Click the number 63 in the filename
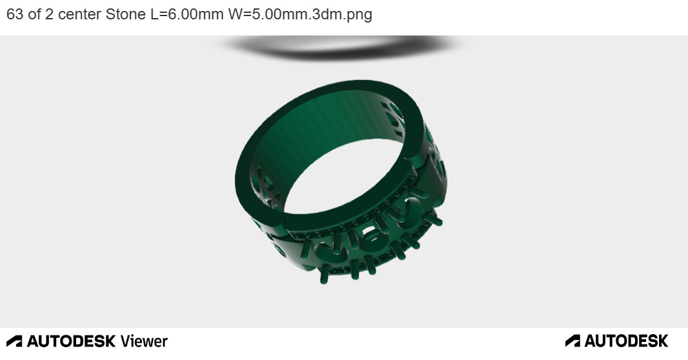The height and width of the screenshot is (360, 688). pyautogui.click(x=15, y=14)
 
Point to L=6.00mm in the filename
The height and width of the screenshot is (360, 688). pyautogui.click(x=187, y=14)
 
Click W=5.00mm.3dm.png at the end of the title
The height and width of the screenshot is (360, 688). pyautogui.click(x=300, y=14)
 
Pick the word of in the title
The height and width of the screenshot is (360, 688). pyautogui.click(x=34, y=14)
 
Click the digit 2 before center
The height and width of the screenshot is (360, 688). pyautogui.click(x=49, y=14)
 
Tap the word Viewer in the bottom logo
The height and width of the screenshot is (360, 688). pyautogui.click(x=144, y=341)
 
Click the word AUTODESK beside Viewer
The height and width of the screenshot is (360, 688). pyautogui.click(x=71, y=341)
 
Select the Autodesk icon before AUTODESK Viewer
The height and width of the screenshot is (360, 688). pyautogui.click(x=14, y=341)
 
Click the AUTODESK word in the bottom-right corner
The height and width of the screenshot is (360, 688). pyautogui.click(x=626, y=341)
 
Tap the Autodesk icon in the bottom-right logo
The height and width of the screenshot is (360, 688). pyautogui.click(x=572, y=341)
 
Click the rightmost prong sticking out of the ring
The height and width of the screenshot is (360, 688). pyautogui.click(x=437, y=221)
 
